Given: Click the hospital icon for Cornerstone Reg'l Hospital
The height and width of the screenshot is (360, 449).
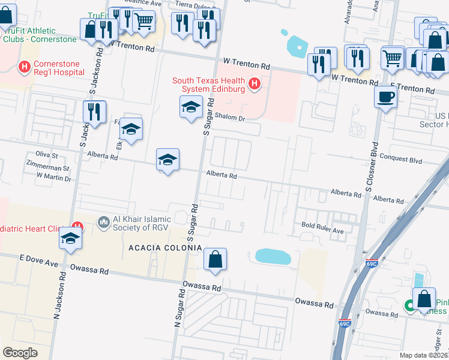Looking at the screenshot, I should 25,66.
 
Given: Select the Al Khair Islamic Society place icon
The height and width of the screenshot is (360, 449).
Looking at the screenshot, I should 103,223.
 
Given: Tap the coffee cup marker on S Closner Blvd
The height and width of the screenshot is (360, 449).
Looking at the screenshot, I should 385,96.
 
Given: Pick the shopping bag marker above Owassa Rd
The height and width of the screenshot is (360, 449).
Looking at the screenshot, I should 215,259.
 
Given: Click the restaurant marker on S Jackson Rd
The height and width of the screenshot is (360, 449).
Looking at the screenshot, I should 94,111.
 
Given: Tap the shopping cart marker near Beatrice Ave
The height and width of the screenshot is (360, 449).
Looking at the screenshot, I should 143,21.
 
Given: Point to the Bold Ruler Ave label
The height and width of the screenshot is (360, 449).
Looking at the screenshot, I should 322,230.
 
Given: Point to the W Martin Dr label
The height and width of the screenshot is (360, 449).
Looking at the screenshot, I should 53,178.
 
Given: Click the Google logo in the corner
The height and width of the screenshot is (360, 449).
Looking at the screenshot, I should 20,352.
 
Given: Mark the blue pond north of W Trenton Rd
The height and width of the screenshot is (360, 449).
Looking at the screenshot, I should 297,44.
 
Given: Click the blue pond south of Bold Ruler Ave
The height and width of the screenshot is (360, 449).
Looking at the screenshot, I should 273,256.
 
